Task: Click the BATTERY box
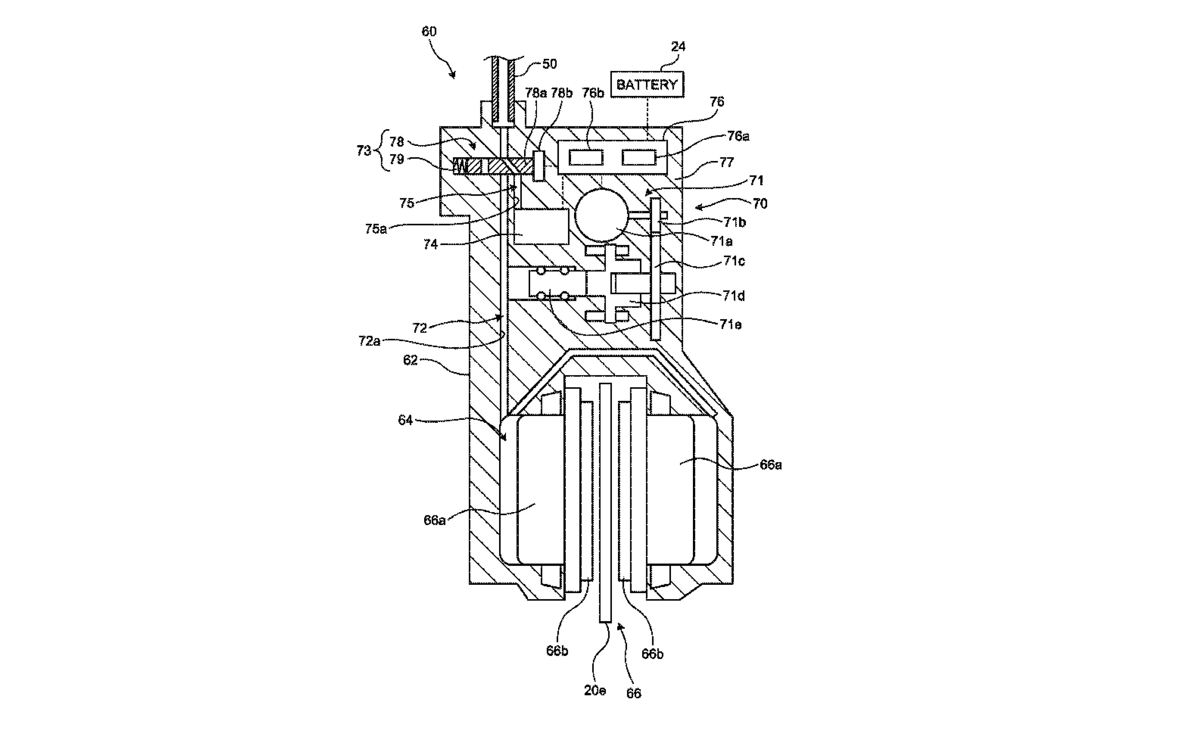647,84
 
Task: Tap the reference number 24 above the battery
678,47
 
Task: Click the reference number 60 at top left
429,31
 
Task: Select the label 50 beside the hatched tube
549,64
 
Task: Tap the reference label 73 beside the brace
364,151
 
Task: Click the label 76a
738,136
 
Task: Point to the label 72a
370,341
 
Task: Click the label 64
405,420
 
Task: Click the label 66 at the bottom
633,693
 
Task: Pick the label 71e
730,324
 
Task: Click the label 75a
376,229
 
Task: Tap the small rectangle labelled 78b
539,166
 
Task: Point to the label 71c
734,261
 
